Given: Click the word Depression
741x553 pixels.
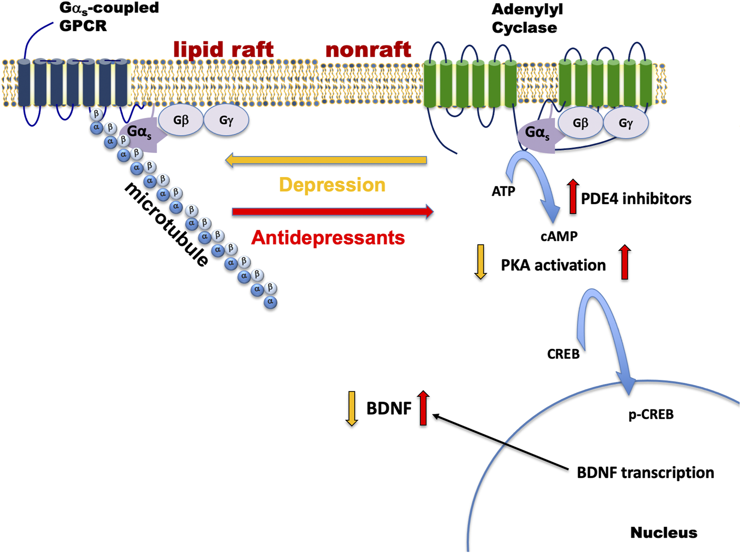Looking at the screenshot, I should click(332, 185).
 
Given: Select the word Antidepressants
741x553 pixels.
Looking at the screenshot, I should click(328, 238).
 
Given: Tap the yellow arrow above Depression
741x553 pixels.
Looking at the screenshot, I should click(326, 160).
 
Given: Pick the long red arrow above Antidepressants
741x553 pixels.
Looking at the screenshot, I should click(332, 212).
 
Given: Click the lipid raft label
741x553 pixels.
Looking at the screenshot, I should click(223, 49).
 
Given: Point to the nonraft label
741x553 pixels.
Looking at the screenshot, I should click(368, 49).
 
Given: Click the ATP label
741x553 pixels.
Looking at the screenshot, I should click(503, 191).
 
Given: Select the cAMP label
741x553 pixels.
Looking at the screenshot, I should click(559, 237).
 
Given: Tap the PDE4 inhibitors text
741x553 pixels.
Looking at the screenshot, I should click(636, 199).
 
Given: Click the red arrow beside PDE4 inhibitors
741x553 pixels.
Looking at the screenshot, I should click(573, 196).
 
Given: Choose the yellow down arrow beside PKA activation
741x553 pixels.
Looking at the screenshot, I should click(480, 261).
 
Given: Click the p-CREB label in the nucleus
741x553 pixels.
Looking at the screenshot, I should click(651, 414).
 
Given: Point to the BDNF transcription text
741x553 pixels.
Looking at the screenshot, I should click(645, 473).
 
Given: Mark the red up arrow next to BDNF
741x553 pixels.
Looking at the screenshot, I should click(423, 408).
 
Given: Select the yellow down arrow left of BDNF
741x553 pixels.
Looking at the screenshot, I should click(352, 408).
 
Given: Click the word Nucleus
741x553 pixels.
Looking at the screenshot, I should click(663, 533).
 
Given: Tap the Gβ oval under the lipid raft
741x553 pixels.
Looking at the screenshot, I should click(181, 120).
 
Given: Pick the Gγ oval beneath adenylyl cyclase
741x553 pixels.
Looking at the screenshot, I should click(625, 123).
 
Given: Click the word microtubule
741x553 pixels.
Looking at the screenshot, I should click(166, 225).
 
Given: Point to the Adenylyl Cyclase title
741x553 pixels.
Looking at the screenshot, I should click(527, 19).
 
